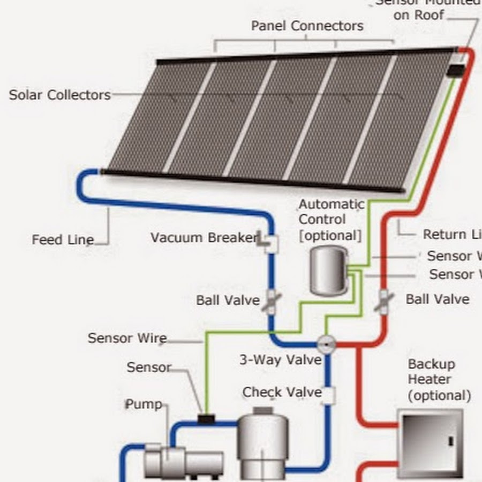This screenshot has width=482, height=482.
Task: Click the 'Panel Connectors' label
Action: click(307, 26)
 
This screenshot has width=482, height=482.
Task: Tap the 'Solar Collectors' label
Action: click(59, 95)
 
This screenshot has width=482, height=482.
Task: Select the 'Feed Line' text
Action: click(63, 239)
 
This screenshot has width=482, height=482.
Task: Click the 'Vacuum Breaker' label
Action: click(204, 237)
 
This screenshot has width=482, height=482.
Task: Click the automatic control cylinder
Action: click(328, 269)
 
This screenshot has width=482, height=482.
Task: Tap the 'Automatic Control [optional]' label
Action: click(331, 220)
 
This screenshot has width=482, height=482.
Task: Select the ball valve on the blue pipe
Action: click(271, 301)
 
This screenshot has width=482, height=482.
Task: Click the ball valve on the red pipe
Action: click(383, 301)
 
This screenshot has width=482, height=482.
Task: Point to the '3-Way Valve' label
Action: click(280, 360)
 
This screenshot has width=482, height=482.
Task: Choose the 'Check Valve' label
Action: click(282, 393)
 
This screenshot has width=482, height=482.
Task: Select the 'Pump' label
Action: click(144, 404)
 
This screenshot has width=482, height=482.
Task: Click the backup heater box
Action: click(430, 442)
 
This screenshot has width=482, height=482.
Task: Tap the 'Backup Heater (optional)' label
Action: click(439, 380)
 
